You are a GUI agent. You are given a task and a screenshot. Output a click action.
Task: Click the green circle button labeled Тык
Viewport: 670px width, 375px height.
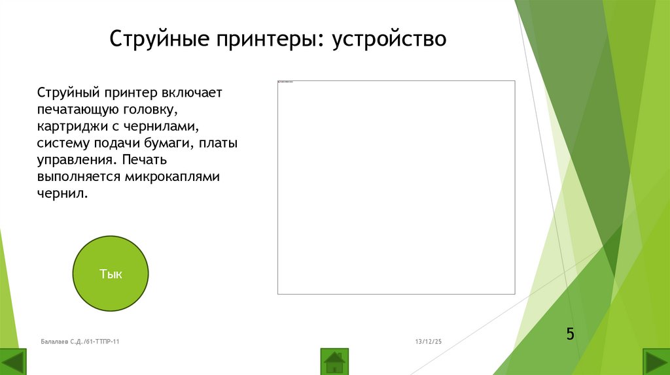[111, 274]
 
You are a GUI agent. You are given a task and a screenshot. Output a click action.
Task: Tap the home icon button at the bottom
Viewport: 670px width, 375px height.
[334, 361]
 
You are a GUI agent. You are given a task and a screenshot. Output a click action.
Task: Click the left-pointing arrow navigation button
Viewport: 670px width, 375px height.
[13, 362]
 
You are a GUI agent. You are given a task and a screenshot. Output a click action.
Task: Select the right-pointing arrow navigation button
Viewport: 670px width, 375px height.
[656, 362]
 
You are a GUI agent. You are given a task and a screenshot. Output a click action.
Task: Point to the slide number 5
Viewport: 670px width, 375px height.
[570, 334]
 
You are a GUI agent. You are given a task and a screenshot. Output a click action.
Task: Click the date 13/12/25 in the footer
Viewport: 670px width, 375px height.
[429, 341]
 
